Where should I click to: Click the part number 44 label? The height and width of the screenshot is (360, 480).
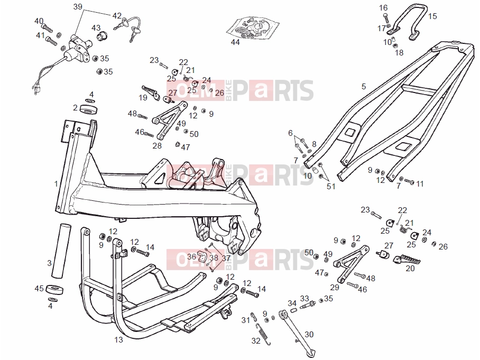(x=235, y=42)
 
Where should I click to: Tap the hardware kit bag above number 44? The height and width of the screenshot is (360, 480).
(x=253, y=28)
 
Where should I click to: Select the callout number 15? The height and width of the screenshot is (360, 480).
(x=432, y=16)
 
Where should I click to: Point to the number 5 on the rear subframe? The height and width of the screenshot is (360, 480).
(x=363, y=86)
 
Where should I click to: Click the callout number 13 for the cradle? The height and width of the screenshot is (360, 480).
(x=118, y=339)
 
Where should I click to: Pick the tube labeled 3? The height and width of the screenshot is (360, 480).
(x=61, y=251)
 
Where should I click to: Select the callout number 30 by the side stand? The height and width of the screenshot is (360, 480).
(x=309, y=334)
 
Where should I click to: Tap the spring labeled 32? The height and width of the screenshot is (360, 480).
(x=264, y=334)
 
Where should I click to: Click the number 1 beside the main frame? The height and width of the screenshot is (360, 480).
(x=56, y=183)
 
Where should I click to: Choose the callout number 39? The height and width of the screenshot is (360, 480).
(x=78, y=6)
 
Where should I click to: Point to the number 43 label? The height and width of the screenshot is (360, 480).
(x=96, y=27)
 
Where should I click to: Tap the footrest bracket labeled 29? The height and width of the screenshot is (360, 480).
(x=351, y=263)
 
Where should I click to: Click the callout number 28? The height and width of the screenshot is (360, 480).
(x=157, y=145)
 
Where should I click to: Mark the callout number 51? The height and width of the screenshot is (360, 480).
(x=331, y=186)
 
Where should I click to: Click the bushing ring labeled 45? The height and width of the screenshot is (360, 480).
(x=55, y=289)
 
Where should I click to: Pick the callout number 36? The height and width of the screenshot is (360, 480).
(x=191, y=256)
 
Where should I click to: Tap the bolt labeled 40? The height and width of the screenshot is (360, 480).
(x=47, y=28)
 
